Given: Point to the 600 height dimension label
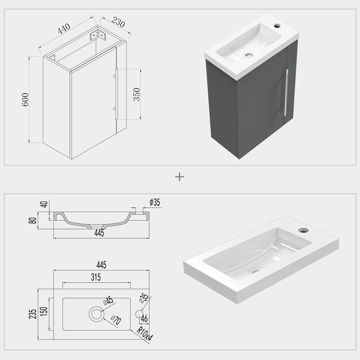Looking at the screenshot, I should point(25,99).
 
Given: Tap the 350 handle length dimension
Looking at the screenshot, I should point(137,94).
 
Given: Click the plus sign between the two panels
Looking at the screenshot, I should point(180,177).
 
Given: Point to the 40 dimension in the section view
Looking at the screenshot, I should point(44,204).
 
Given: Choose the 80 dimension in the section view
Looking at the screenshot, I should point(44,220).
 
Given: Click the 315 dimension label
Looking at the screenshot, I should point(95,278).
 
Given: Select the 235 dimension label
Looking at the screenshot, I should point(33,314).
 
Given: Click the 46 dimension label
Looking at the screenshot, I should point(144,319).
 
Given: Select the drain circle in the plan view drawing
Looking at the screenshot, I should point(96,314).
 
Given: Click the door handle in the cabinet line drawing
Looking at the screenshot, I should point(116,93).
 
